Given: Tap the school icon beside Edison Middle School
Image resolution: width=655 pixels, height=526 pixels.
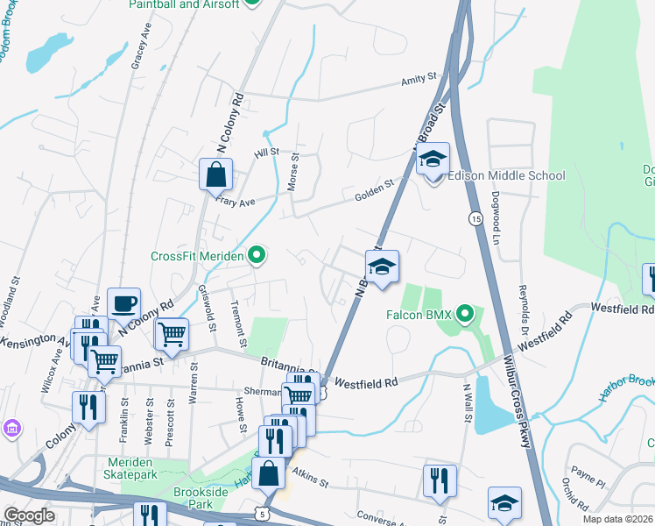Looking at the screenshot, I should [x=433, y=160].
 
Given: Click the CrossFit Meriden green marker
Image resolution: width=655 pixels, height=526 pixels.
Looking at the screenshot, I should [x=257, y=256].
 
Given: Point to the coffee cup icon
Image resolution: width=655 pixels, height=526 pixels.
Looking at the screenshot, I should [x=123, y=303].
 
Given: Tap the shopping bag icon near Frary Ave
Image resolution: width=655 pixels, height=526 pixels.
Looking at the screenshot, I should [x=215, y=174].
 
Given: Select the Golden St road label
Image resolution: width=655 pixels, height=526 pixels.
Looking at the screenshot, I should [x=372, y=192].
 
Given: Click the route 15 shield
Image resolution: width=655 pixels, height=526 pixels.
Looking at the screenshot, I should [x=475, y=217].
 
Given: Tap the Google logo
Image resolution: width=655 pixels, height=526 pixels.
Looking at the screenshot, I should [x=29, y=515].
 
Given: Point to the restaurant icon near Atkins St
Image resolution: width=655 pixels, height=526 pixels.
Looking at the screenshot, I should [x=439, y=480].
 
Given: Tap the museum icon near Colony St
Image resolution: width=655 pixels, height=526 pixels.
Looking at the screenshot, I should [x=12, y=430].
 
